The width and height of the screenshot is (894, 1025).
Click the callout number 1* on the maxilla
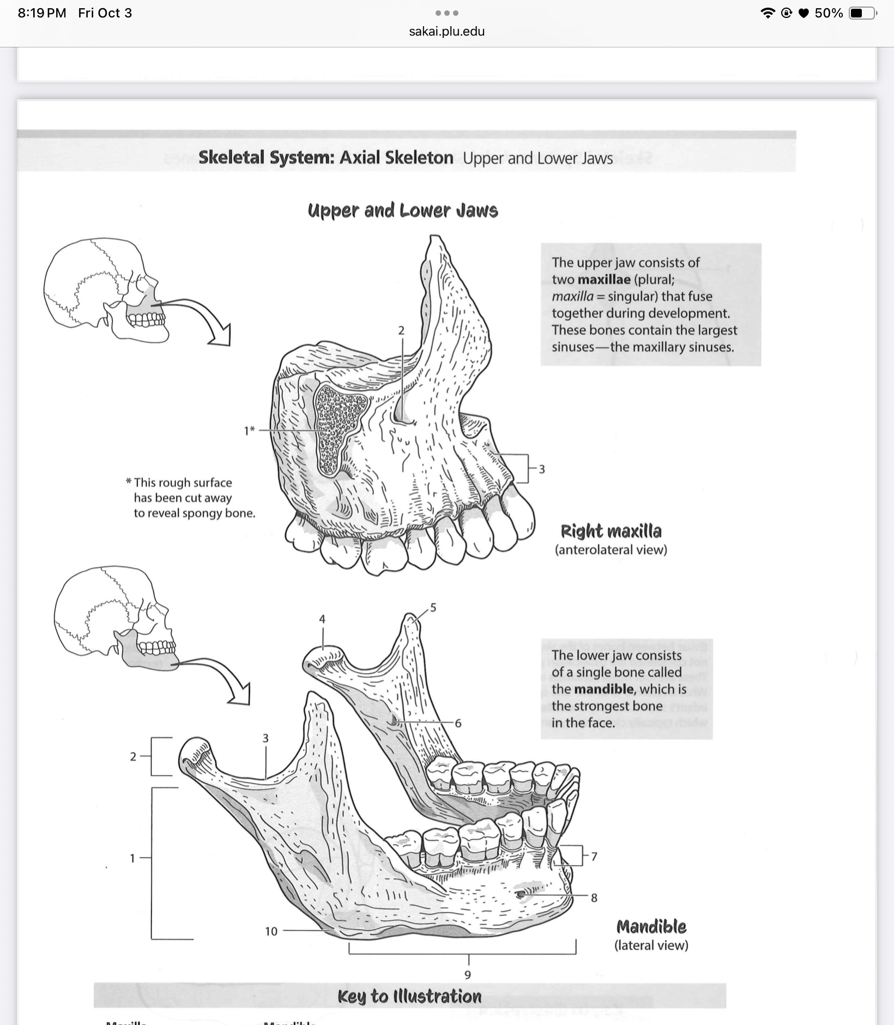[x=249, y=431]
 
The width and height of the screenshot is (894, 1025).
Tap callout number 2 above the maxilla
[x=402, y=330]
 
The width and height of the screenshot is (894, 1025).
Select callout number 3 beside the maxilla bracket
[x=541, y=469]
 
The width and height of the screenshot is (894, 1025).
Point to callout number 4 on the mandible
[x=322, y=619]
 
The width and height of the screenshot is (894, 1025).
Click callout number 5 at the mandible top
[x=433, y=607]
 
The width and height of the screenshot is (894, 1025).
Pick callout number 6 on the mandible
[x=458, y=723]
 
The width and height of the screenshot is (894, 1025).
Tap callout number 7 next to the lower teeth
[x=594, y=857]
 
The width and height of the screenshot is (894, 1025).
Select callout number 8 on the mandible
[x=594, y=897]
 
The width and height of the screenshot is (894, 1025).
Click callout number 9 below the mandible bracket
[x=468, y=974]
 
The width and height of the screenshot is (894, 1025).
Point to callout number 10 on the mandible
[x=271, y=931]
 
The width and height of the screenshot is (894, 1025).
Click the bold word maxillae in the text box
[x=603, y=280]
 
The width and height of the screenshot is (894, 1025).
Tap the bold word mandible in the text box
[x=604, y=689]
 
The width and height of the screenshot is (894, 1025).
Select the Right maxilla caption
[x=611, y=531]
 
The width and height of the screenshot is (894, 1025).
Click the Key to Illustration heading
[x=409, y=996]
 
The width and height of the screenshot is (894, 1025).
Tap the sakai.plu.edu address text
[x=446, y=31]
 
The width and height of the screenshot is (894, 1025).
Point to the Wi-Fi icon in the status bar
[x=768, y=13]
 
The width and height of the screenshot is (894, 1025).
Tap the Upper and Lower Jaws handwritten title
[x=403, y=210]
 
